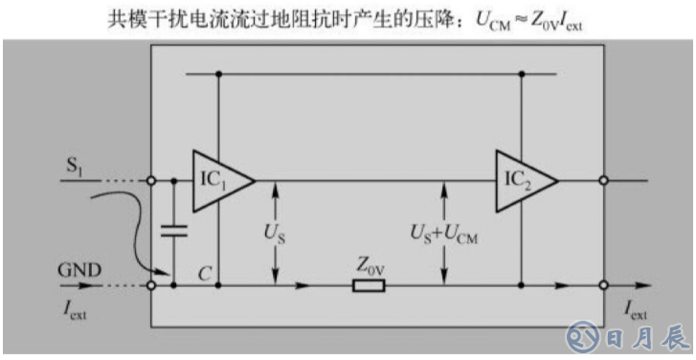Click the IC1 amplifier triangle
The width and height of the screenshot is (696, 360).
[219, 179]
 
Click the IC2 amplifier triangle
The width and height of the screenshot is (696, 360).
[523, 179]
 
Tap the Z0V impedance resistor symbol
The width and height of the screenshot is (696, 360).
[369, 285]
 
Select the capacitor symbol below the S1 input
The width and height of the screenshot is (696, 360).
[173, 230]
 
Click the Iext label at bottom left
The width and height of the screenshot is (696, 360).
[74, 308]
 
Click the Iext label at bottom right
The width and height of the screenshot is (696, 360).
[636, 308]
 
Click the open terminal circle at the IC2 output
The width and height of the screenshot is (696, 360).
[603, 179]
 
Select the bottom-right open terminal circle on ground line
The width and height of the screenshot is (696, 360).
[603, 285]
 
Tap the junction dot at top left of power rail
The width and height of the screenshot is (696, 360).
[219, 74]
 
